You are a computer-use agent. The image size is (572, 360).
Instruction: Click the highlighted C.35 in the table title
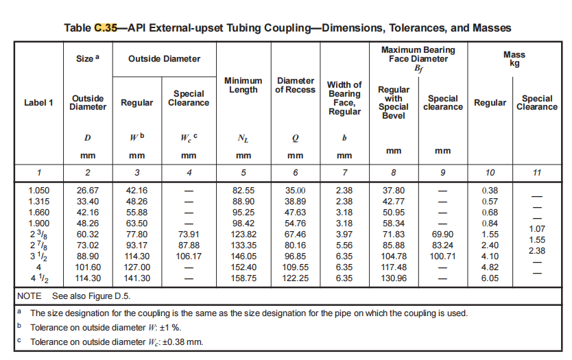106,28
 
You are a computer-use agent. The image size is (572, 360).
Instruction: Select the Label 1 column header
38,103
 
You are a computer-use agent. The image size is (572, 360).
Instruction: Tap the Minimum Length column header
243,85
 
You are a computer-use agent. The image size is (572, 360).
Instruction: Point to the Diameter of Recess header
295,85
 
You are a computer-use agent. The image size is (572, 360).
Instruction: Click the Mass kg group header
514,59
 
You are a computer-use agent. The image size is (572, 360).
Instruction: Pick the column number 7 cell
345,173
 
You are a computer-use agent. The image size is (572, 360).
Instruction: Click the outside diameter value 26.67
88,191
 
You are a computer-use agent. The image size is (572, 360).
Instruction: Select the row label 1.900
38,224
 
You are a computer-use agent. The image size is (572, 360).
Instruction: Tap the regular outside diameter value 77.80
136,234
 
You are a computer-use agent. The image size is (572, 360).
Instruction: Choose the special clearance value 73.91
189,234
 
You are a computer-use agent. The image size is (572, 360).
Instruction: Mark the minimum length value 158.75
243,278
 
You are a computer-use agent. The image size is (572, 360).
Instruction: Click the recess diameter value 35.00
295,191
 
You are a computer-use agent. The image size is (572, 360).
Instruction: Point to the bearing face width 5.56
344,245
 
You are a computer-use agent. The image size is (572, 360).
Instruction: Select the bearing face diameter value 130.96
394,278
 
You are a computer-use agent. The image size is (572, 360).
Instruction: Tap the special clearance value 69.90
442,234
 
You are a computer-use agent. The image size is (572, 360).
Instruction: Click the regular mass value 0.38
490,191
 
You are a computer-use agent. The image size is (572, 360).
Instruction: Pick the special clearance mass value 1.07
537,229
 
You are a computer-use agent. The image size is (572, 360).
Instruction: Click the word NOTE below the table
29,296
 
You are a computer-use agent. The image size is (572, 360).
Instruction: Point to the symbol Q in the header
295,139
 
